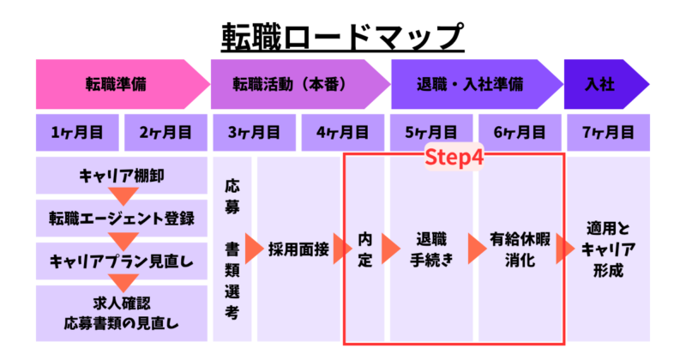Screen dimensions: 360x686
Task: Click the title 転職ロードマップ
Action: point(342,34)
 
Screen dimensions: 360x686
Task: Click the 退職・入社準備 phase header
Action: point(470,84)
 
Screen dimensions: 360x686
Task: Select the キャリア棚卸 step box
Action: point(122,176)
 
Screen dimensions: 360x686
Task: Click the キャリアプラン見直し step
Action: point(122,261)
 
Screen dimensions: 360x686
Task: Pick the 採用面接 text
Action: point(300,249)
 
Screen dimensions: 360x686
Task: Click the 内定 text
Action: point(365,249)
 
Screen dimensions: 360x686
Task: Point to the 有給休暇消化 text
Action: point(520,249)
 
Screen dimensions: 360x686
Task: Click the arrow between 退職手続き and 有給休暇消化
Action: point(476,249)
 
